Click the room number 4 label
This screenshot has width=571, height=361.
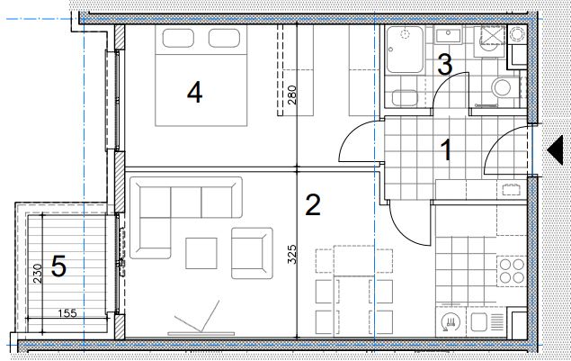(195, 92)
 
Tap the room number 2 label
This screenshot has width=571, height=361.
(313, 204)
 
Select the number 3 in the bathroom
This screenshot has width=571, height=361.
(444, 65)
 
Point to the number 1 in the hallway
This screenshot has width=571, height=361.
(446, 150)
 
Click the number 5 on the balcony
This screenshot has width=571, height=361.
(58, 266)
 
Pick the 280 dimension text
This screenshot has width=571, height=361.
(292, 95)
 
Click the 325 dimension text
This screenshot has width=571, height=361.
(292, 254)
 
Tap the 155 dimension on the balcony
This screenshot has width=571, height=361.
(67, 313)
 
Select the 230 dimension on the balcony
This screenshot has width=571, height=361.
(38, 274)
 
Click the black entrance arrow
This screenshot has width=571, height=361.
(556, 149)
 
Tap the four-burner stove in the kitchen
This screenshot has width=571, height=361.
(512, 271)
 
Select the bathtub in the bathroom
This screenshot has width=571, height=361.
(405, 50)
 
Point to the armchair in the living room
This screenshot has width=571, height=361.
(252, 254)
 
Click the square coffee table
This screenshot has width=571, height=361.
(201, 254)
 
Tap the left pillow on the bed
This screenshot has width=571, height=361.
(178, 39)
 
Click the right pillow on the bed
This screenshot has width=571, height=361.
(224, 39)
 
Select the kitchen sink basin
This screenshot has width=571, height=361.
(479, 322)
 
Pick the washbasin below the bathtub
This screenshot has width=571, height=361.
(405, 98)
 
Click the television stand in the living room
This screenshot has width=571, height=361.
(201, 333)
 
